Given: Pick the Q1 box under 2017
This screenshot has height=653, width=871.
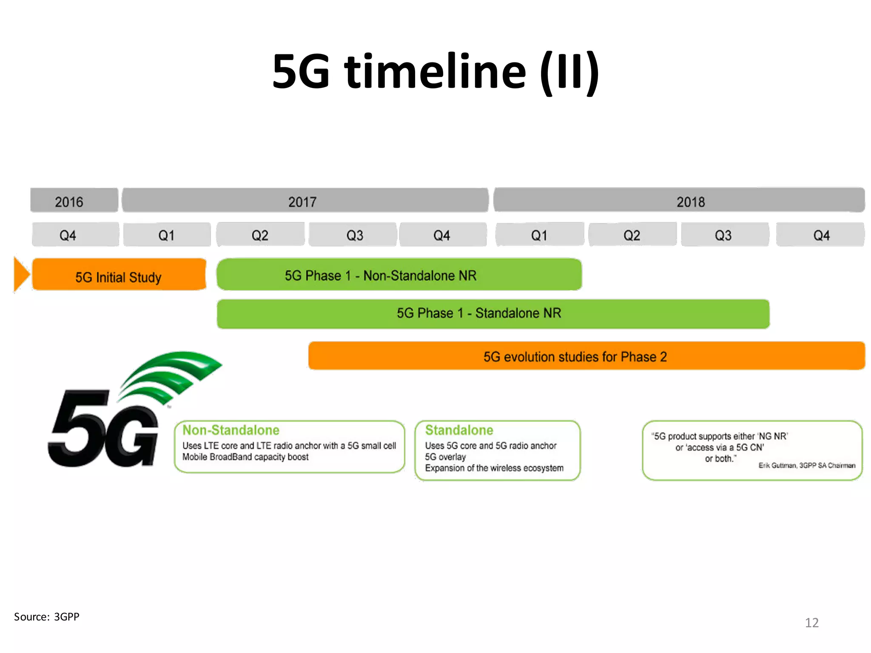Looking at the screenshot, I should point(167,235).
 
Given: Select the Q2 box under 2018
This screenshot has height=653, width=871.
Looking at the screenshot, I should point(632,235).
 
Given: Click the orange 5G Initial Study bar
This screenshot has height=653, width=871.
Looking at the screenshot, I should point(119,275).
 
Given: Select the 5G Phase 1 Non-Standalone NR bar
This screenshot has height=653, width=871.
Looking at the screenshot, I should point(399,275).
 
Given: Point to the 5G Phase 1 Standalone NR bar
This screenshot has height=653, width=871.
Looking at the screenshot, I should point(493,314).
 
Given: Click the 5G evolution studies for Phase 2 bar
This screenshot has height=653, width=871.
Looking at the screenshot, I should point(586,356).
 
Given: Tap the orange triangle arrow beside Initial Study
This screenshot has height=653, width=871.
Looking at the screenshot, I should point(21,274).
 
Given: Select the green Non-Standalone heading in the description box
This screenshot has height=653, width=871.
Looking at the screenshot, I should point(231,430).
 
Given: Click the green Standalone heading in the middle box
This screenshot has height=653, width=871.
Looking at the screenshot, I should point(459,430).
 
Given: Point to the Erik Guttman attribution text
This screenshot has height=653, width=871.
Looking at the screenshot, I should point(806,466).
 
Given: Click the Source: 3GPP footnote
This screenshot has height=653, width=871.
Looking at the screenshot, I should point(47,617).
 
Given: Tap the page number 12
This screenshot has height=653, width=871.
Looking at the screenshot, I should point(811,623).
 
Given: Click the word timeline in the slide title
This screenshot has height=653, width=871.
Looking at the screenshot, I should point(435,71).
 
